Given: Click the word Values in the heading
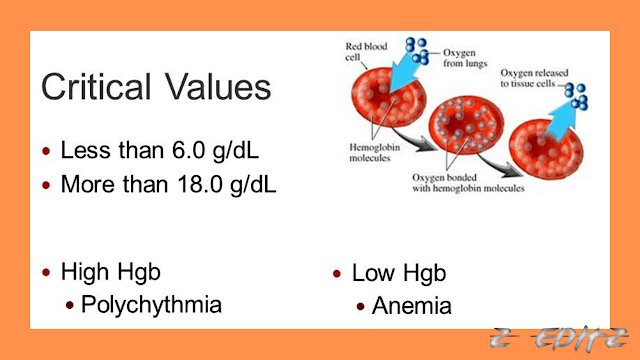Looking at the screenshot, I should (x=214, y=87).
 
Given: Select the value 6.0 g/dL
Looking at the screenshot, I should (x=206, y=151).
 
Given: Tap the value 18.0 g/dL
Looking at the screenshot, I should (x=214, y=184).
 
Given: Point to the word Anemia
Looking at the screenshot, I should (x=411, y=305).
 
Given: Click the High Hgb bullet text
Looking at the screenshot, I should (x=110, y=272).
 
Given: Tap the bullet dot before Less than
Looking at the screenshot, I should (x=46, y=153).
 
